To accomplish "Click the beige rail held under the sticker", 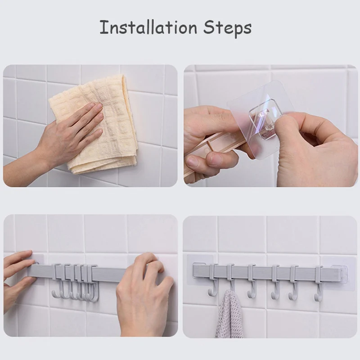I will [211, 148].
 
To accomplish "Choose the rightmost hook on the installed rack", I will [319, 283].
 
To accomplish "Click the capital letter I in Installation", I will [102, 27].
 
